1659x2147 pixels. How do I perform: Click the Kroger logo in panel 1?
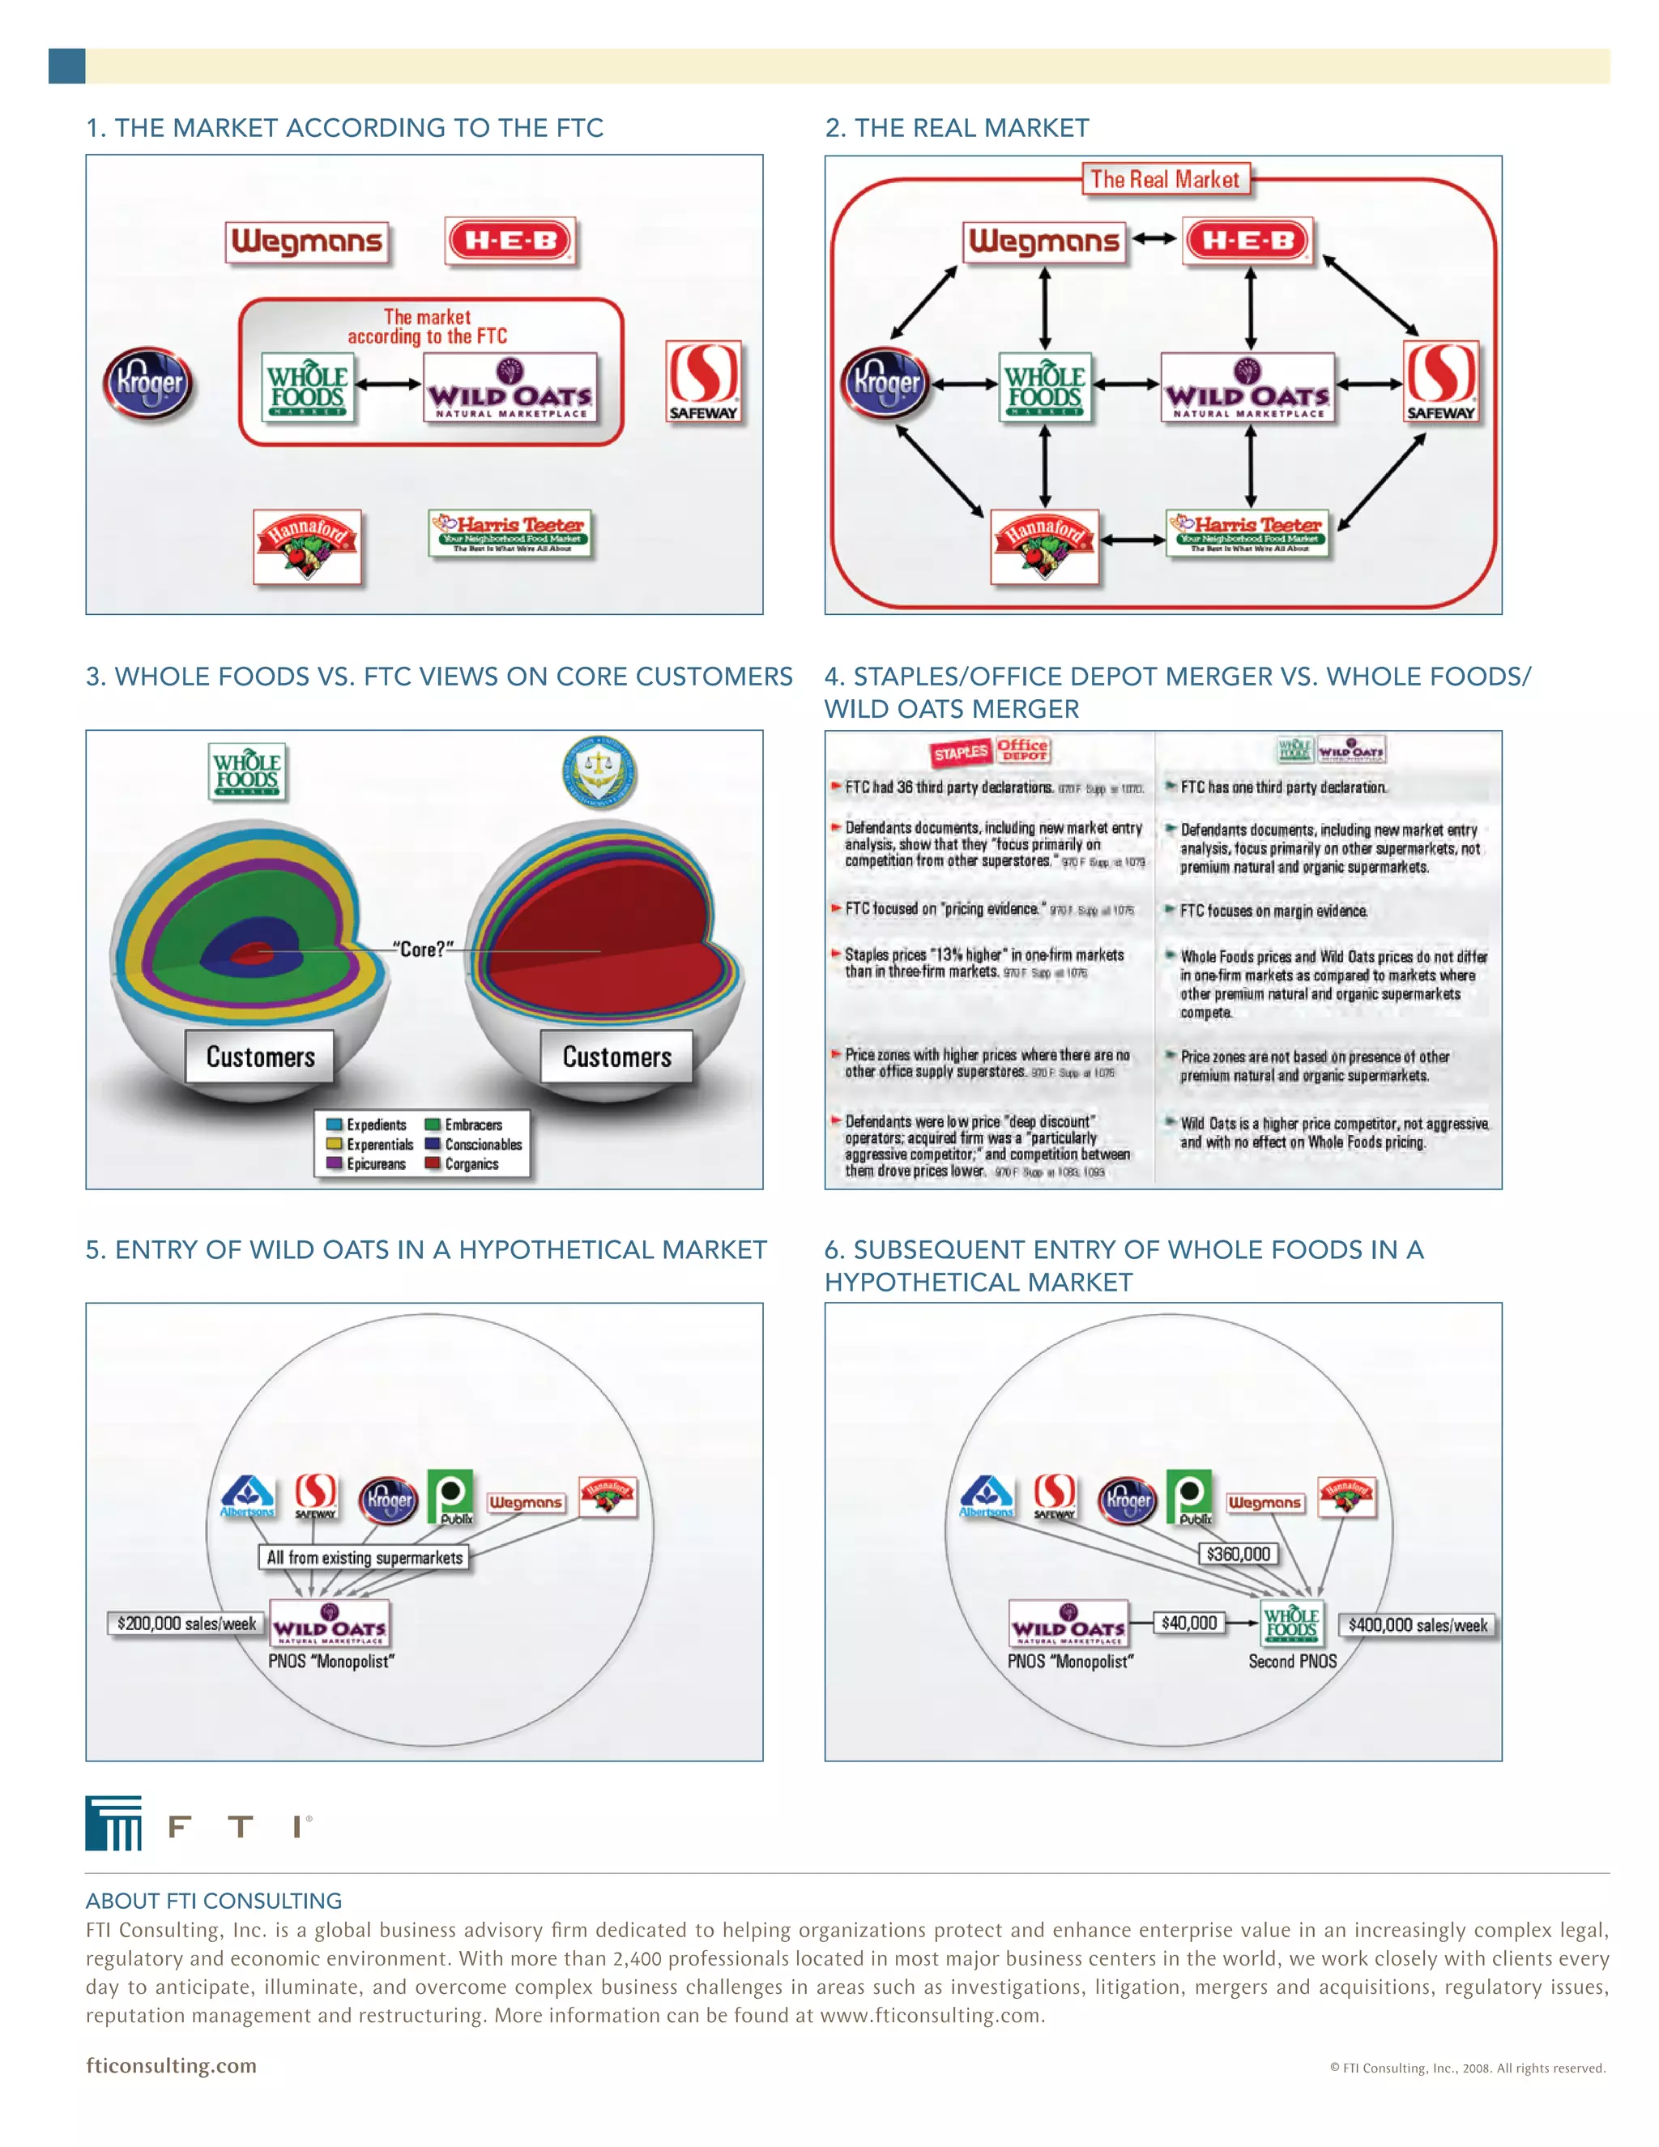148,382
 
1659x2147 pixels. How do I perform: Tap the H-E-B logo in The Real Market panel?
1248,241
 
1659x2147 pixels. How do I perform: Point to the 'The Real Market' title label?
1165,180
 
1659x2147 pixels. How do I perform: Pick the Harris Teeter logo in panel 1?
510,534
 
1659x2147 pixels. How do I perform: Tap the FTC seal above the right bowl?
599,771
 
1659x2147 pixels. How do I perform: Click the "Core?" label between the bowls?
424,950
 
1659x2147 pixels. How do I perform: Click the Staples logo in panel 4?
960,753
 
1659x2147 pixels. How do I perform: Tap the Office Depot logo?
1022,749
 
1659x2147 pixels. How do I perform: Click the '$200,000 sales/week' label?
186,1623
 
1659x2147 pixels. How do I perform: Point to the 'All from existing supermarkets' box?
365,1557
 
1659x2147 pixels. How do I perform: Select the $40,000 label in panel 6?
1189,1623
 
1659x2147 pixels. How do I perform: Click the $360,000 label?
1239,1554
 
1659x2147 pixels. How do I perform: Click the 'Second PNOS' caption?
1292,1662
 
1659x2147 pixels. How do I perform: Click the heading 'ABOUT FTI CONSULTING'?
213,1900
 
